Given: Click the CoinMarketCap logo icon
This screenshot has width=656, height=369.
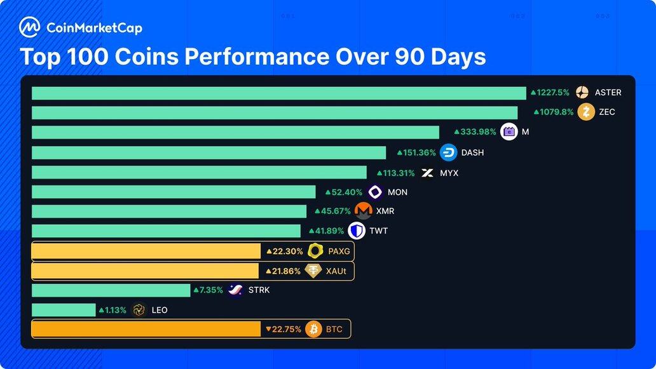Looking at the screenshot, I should click(x=30, y=27).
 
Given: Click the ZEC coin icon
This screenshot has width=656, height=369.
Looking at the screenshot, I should click(x=586, y=112).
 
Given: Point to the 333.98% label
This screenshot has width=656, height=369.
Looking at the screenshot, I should click(x=475, y=132).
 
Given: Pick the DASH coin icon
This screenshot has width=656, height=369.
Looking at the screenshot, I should click(x=448, y=152).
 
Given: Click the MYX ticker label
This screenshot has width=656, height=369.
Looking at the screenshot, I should click(x=449, y=173).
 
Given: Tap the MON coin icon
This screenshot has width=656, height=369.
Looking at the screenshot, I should click(x=375, y=192).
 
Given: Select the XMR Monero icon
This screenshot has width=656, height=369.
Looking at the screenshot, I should click(x=364, y=211).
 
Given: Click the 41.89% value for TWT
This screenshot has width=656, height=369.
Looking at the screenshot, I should click(x=325, y=231).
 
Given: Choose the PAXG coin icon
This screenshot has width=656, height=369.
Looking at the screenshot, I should click(x=315, y=252).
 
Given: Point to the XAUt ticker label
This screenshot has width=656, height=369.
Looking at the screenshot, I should click(x=336, y=271).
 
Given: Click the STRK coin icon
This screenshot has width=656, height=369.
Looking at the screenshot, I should click(x=235, y=290).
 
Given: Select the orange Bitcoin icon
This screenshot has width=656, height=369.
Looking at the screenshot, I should click(x=313, y=329).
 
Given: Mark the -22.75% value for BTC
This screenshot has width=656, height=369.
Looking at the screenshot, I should click(x=284, y=329).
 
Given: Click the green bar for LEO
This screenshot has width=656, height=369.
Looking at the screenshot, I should click(x=63, y=310).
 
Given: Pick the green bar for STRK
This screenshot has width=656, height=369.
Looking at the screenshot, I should click(x=111, y=290).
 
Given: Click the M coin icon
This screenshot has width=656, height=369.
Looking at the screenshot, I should click(x=509, y=132).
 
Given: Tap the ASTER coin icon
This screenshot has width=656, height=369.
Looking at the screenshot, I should click(x=582, y=93).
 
